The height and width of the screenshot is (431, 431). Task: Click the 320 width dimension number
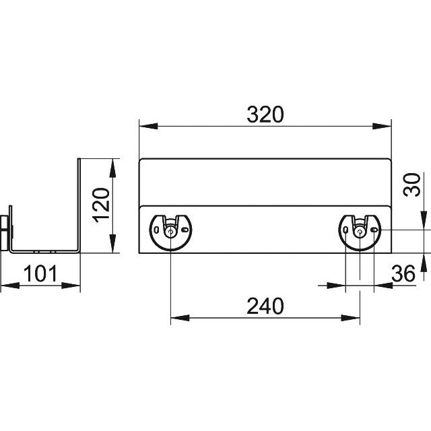pyautogui.click(x=265, y=114)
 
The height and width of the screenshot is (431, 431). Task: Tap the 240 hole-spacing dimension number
pyautogui.click(x=265, y=306)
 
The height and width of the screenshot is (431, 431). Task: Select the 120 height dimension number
pyautogui.click(x=101, y=205)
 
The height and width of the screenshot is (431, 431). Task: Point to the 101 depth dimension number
pyautogui.click(x=40, y=273)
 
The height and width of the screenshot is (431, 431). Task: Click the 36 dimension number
pyautogui.click(x=403, y=273)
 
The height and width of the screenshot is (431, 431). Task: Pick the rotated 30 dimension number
pyautogui.click(x=411, y=185)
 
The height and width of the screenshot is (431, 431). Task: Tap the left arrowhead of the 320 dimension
pyautogui.click(x=148, y=126)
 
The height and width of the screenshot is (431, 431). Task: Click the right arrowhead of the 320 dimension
pyautogui.click(x=382, y=126)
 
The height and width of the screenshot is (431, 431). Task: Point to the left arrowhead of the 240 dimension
pyautogui.click(x=180, y=318)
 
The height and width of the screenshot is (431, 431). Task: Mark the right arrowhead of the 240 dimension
pyautogui.click(x=350, y=318)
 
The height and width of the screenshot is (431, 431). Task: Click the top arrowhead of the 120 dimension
pyautogui.click(x=112, y=168)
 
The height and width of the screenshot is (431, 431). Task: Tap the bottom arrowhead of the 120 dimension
pyautogui.click(x=112, y=244)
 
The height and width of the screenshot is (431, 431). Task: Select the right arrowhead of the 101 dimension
pyautogui.click(x=71, y=286)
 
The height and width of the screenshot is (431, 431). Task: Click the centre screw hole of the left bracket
pyautogui.click(x=170, y=232)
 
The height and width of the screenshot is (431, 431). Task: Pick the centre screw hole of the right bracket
pyautogui.click(x=360, y=232)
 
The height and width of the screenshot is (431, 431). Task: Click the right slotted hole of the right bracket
pyautogui.click(x=374, y=230)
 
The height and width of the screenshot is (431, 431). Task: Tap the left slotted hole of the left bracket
pyautogui.click(x=156, y=230)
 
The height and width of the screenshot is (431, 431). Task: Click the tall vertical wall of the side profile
pyautogui.click(x=79, y=205)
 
